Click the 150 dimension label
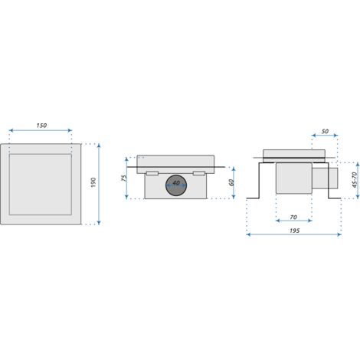41,126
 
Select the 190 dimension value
93,182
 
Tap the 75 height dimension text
124,178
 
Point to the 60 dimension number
231,182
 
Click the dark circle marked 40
176,185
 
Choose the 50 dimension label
325,132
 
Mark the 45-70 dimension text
355,180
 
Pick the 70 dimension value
293,217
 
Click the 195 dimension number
294,231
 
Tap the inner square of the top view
41,185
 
